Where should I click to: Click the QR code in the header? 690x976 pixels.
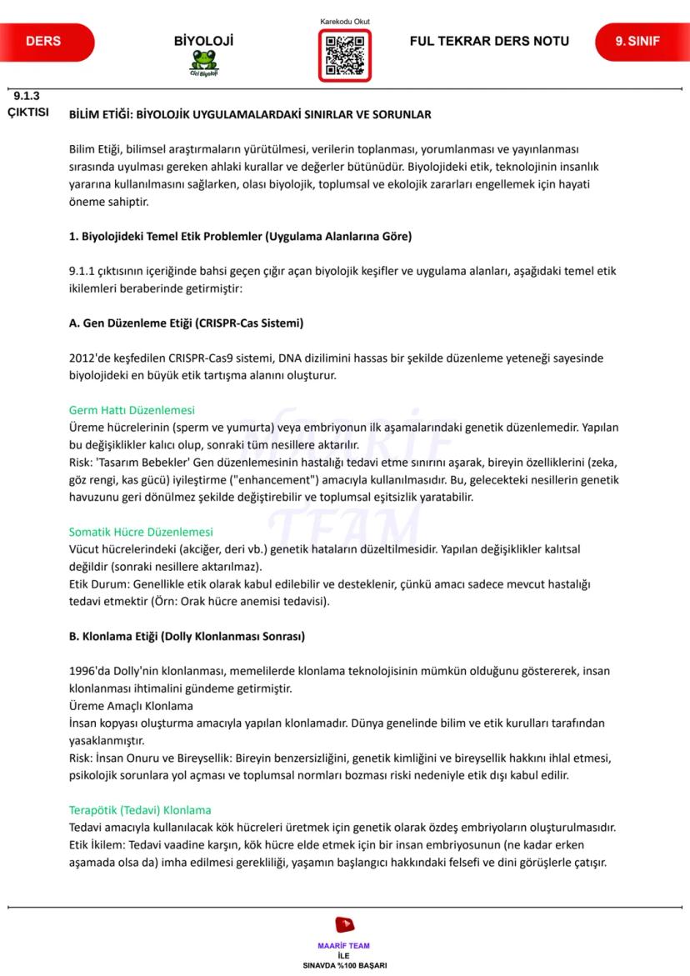(x=344, y=55)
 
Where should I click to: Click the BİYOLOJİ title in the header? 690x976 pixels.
(x=203, y=41)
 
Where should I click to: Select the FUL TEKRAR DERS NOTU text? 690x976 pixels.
(x=489, y=41)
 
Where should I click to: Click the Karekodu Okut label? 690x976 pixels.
(x=344, y=21)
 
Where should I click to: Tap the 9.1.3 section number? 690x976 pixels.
(x=27, y=95)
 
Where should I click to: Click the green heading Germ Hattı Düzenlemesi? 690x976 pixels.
(x=132, y=410)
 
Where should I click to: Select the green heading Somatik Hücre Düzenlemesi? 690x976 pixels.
(x=141, y=532)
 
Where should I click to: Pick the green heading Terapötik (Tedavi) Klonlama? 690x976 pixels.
(x=140, y=810)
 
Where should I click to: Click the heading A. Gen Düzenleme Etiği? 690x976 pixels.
(x=186, y=323)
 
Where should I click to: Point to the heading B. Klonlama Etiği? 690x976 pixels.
(x=187, y=637)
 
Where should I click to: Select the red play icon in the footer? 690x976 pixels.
(x=343, y=924)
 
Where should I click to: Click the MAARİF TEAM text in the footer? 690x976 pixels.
(x=344, y=946)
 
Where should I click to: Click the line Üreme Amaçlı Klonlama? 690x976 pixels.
(x=130, y=706)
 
